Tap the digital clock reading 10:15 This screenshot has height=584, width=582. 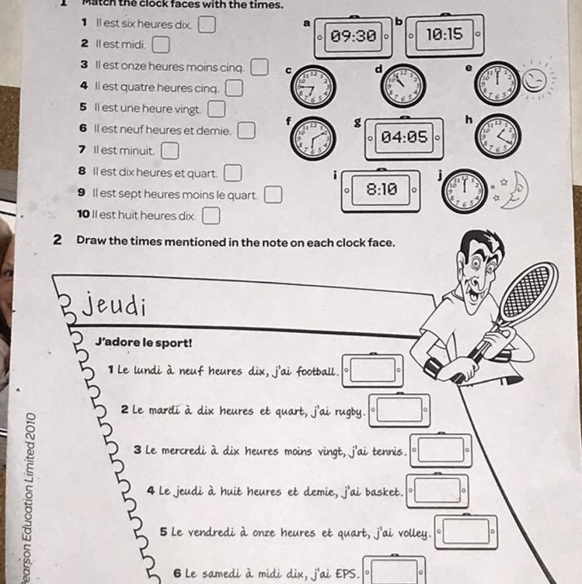[444, 34]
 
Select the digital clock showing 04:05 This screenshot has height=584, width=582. [404, 137]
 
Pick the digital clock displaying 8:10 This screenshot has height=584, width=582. [382, 189]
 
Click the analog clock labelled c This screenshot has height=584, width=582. [313, 85]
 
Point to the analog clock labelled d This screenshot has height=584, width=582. [403, 84]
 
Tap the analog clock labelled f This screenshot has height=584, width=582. [313, 138]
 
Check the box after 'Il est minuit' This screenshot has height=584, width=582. [169, 150]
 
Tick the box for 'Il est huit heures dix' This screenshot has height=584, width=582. [211, 214]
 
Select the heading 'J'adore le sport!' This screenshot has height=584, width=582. [143, 342]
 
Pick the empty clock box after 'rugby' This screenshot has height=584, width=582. [399, 410]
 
